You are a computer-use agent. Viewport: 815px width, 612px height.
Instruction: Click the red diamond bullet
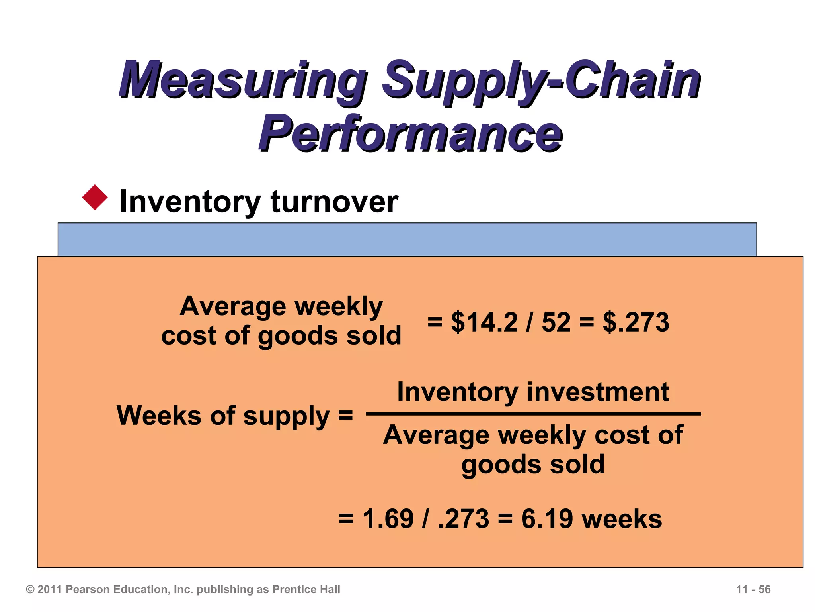(95, 197)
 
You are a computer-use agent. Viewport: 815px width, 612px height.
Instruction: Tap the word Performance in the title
(411, 133)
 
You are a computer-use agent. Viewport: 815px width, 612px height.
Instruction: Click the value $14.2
(484, 322)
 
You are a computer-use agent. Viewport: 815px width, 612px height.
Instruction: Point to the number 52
(556, 322)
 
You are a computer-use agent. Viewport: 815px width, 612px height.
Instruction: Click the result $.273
(636, 322)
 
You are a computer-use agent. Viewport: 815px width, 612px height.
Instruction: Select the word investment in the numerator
(598, 392)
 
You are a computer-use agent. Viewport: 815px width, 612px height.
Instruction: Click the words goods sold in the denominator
(533, 465)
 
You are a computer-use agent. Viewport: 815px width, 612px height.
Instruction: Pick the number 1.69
(388, 519)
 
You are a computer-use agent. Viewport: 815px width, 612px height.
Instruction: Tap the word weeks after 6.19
(622, 519)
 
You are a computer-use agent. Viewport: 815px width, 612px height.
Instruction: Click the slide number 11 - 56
(753, 589)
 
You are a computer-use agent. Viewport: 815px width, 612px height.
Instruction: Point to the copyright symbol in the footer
(30, 589)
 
